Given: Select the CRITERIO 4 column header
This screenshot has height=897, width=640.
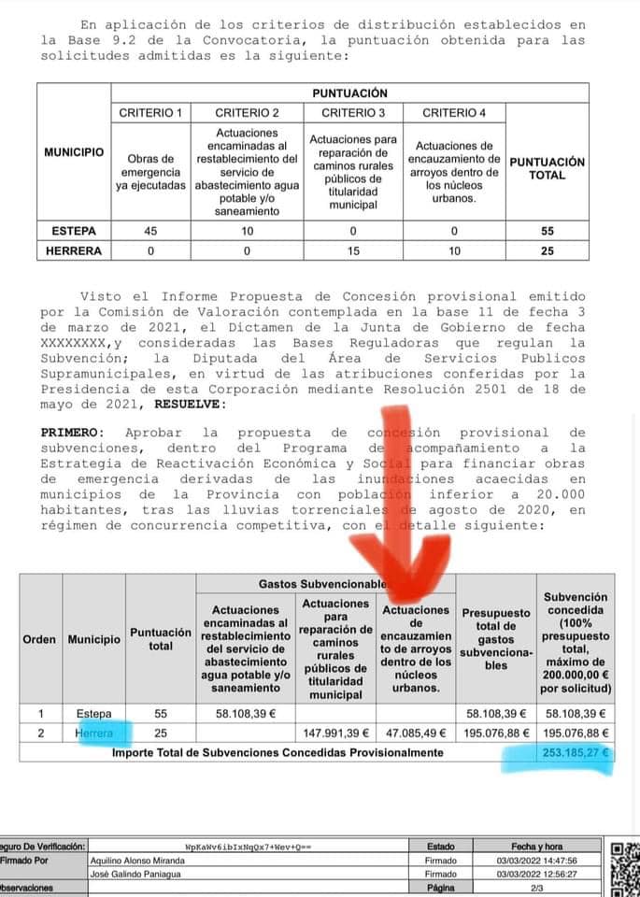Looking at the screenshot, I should pos(454,113).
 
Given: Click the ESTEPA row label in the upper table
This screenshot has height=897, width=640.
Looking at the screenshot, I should pos(74,231).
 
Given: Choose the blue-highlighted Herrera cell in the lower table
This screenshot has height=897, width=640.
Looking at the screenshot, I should pos(94,733).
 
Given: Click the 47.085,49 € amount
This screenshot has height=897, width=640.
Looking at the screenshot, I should pos(416,733).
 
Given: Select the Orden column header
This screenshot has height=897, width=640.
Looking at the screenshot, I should pos(40,639).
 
